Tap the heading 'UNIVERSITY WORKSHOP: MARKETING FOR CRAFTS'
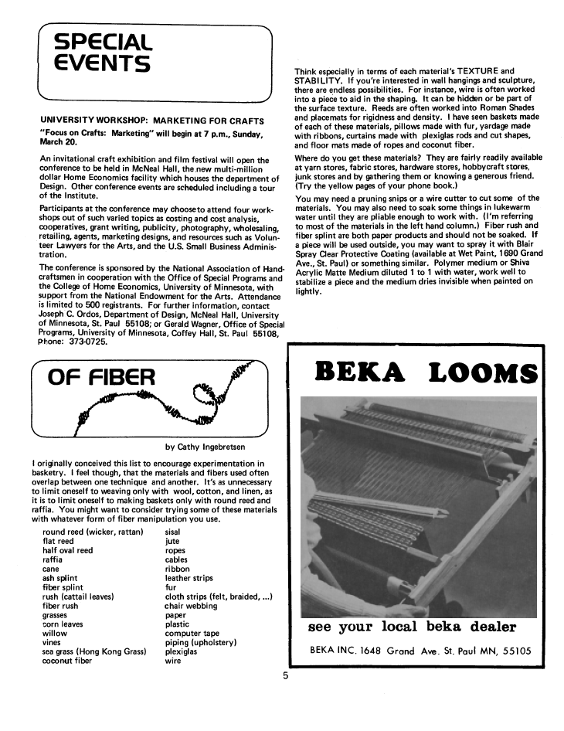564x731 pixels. tap(151, 121)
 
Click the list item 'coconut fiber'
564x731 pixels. tap(67, 661)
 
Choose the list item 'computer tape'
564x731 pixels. tap(192, 634)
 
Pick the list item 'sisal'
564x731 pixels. tap(175, 532)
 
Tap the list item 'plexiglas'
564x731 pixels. tap(182, 652)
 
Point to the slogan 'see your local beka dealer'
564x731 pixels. tap(412, 627)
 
